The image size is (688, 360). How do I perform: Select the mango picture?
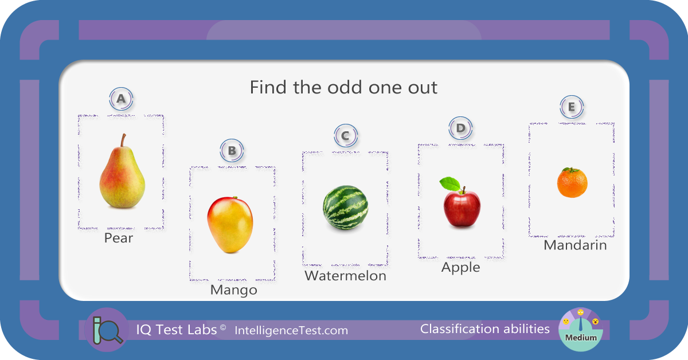tap(230, 225)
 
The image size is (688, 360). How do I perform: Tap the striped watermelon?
tap(345, 208)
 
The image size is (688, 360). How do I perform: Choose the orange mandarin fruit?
tap(572, 182)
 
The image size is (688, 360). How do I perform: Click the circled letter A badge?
tap(121, 99)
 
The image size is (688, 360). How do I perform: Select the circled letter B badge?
tap(232, 151)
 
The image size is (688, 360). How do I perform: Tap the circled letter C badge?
tap(346, 135)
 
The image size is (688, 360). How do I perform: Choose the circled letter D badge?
tap(460, 128)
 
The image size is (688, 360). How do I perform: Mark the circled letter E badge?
tap(572, 107)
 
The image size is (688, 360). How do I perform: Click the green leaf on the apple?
tap(450, 183)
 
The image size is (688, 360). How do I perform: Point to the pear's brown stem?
tap(123, 140)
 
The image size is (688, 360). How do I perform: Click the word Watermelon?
tap(345, 276)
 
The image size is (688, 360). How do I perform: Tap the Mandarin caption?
tap(575, 245)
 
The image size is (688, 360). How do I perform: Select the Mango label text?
tap(234, 290)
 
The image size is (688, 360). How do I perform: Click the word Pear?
tap(119, 238)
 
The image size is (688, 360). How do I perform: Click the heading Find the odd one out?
tap(343, 87)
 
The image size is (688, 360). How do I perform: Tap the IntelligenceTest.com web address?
tap(291, 331)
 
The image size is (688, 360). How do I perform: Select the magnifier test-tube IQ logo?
tap(107, 330)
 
